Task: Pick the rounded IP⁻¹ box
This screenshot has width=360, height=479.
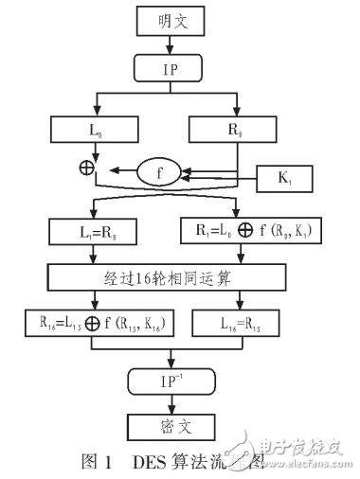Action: (170, 381)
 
